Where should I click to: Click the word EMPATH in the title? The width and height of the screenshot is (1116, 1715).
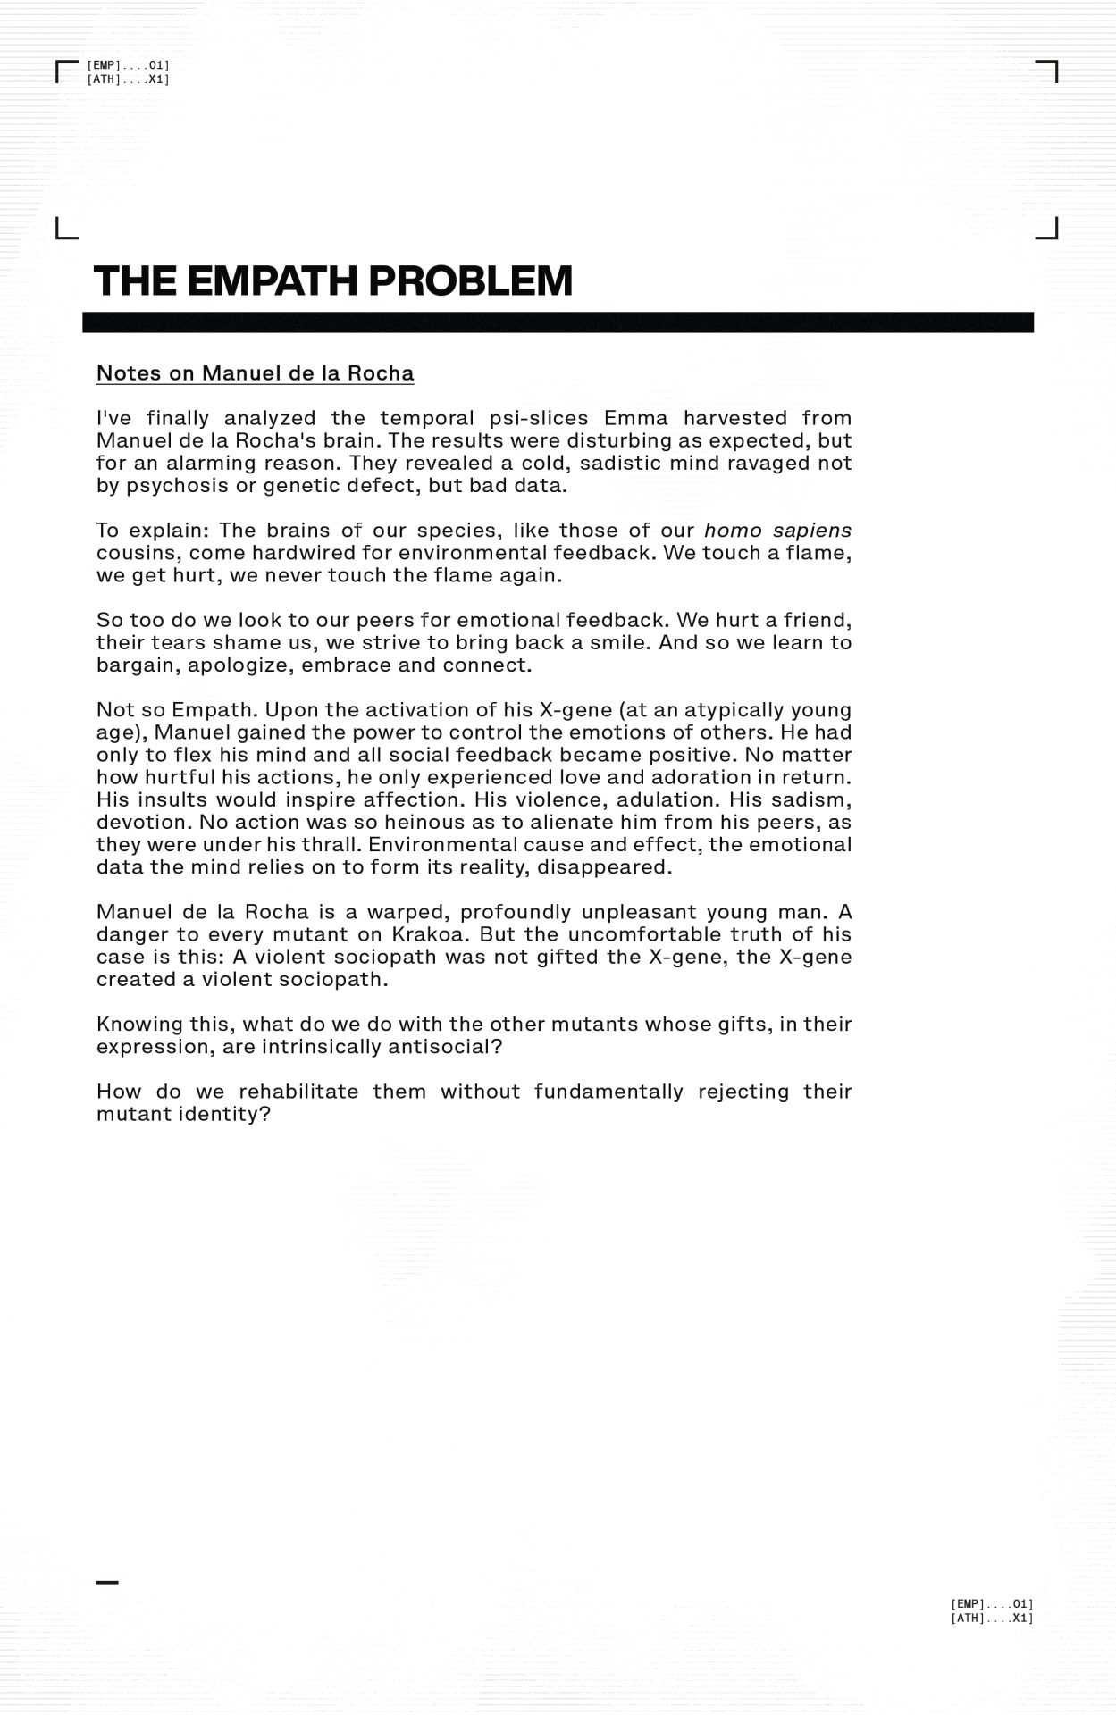point(273,280)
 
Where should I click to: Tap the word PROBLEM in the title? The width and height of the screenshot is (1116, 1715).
point(470,280)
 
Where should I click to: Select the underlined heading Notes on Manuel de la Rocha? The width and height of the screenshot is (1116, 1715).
point(255,373)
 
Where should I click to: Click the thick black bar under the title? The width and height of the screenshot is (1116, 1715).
point(558,322)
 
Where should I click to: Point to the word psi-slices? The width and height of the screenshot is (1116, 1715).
point(539,418)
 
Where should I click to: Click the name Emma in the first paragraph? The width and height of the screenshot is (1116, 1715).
point(635,418)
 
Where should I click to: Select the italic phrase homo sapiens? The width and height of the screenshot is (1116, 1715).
point(777,531)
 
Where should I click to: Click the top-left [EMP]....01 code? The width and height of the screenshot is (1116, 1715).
point(128,65)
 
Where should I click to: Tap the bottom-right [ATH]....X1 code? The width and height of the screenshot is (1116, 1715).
point(992,1618)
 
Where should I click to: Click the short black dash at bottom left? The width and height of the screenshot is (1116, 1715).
point(107,1582)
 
